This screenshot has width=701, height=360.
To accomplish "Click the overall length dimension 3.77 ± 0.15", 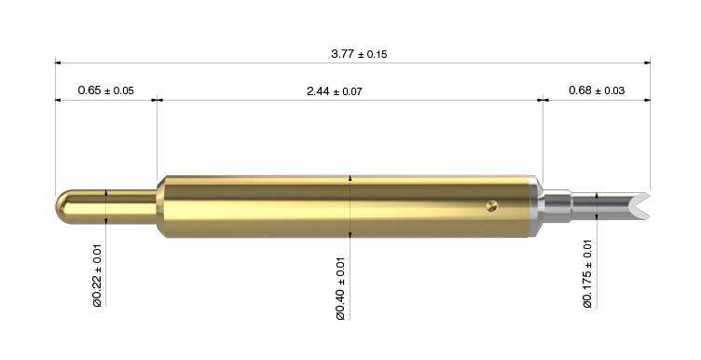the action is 359,54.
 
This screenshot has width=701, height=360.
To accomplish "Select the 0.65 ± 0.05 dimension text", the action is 105,90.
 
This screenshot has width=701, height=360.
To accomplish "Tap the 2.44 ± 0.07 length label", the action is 335,91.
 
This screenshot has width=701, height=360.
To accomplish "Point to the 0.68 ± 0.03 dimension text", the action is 597,90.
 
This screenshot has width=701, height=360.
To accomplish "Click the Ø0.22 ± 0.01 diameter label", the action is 98,275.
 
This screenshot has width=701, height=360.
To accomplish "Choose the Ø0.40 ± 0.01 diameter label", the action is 340,288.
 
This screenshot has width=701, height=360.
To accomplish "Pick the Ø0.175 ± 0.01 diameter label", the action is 587,274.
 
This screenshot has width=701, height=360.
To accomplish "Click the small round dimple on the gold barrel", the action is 492,206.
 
